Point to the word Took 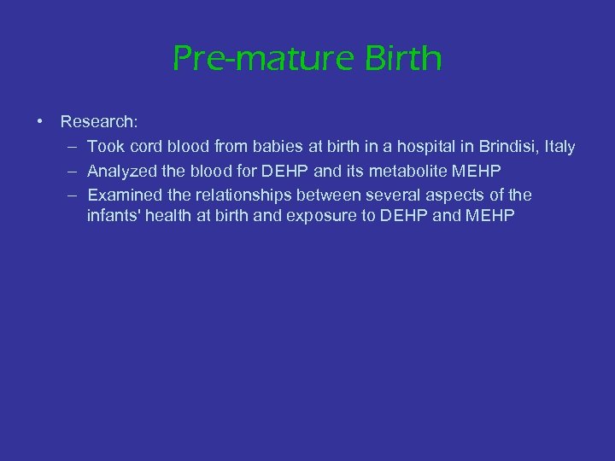105,147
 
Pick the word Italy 559,147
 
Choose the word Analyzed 120,171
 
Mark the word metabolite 403,171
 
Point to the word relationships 242,195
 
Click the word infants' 113,215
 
